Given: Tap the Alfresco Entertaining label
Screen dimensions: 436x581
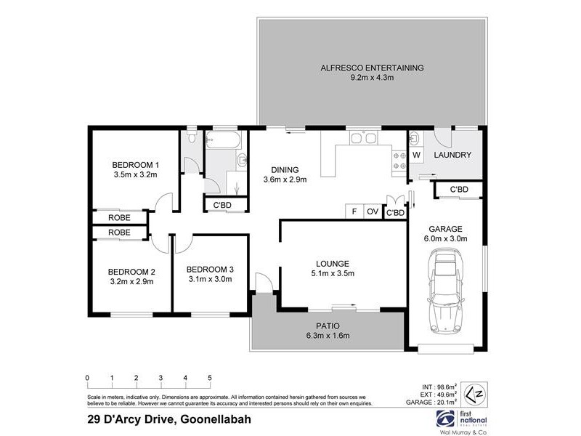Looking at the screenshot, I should pyautogui.click(x=373, y=68).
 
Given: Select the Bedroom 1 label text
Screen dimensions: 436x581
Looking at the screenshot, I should pyautogui.click(x=135, y=163).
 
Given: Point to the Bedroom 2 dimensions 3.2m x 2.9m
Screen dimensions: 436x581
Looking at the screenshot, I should pyautogui.click(x=131, y=281).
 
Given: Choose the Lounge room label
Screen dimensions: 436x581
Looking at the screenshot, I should pyautogui.click(x=333, y=263).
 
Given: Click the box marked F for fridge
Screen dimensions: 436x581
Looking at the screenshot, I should pyautogui.click(x=354, y=211).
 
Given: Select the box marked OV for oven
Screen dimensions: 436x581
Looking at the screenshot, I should pyautogui.click(x=373, y=211).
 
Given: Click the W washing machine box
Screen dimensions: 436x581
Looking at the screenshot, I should pyautogui.click(x=417, y=155).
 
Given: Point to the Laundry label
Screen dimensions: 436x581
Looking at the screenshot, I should pyautogui.click(x=452, y=155).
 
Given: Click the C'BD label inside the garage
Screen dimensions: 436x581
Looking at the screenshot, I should pyautogui.click(x=458, y=190).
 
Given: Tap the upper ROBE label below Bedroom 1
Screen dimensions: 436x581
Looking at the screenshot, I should pyautogui.click(x=119, y=217).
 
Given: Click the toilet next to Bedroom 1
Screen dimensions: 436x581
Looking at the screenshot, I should pyautogui.click(x=191, y=136).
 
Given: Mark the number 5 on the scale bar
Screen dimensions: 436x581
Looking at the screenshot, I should pyautogui.click(x=210, y=378).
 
